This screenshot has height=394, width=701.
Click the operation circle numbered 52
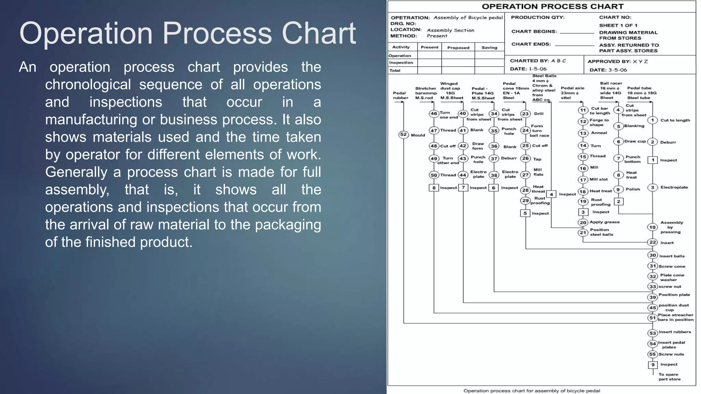[x=404, y=134]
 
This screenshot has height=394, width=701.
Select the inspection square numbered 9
[x=653, y=365]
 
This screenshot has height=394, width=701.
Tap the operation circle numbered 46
[x=434, y=114]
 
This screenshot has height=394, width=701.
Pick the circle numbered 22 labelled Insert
[x=653, y=242]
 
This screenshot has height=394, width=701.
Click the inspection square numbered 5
[x=525, y=213]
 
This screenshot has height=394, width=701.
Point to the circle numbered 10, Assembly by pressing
[x=652, y=227]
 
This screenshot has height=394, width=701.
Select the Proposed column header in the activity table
[x=458, y=48]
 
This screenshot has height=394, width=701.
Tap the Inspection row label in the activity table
[x=401, y=63]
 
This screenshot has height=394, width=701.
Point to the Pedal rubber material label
[x=400, y=95]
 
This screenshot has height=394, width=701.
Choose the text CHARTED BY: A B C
[x=538, y=61]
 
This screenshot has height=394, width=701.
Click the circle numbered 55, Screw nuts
[x=652, y=354]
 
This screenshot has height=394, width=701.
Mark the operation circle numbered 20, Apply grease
[x=583, y=222]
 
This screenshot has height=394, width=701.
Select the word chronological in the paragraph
[x=88, y=84]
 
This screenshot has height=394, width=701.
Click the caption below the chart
[x=532, y=391]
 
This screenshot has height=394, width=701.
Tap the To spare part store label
[x=669, y=377]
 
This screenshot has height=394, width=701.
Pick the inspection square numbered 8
[x=434, y=188]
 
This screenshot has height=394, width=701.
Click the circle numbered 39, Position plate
[x=652, y=297]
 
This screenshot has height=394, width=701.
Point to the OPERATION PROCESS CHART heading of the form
[x=553, y=6]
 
